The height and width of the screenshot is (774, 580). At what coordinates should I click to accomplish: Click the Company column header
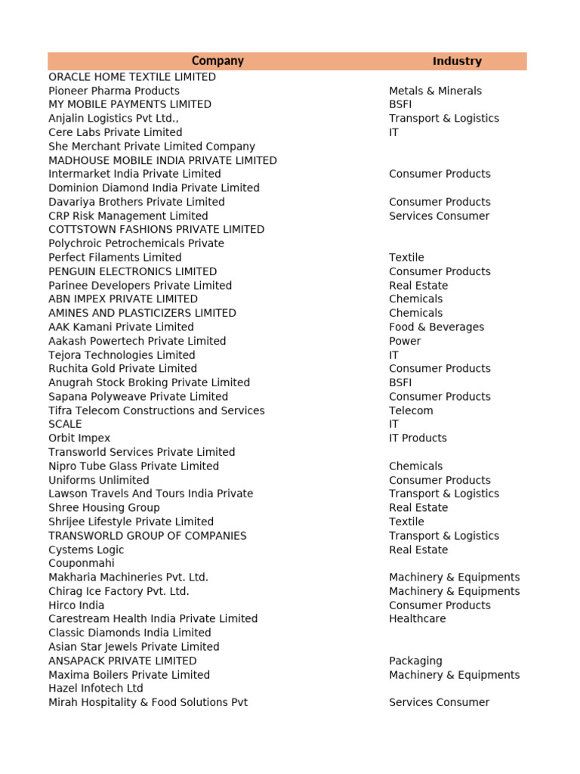217,61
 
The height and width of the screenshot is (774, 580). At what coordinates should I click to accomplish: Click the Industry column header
457,61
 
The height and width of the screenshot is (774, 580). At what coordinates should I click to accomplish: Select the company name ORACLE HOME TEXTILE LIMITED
132,77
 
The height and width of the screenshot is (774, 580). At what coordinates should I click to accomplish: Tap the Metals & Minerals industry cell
435,91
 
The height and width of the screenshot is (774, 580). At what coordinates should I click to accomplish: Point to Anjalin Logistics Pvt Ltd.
113,119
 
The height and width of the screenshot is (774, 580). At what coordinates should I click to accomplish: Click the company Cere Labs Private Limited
116,132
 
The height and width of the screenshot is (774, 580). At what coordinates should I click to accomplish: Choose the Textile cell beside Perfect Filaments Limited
406,258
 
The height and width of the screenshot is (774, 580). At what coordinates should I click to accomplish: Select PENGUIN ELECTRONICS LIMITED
132,271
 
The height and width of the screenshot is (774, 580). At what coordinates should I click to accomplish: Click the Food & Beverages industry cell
437,327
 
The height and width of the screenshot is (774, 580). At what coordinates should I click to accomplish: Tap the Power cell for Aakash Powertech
405,341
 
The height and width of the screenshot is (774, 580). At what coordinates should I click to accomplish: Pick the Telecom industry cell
411,410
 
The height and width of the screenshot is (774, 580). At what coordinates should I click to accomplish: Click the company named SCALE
65,424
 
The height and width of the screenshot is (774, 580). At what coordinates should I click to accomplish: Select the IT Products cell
418,438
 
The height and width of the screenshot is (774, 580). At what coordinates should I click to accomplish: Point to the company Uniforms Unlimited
99,480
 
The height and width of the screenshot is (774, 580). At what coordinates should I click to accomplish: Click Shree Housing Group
104,508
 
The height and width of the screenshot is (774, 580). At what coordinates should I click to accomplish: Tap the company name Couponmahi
82,563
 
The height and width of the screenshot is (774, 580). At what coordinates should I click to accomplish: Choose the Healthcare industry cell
417,619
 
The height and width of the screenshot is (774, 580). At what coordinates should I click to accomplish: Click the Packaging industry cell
415,661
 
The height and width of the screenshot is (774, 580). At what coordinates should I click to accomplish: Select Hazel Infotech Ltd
96,689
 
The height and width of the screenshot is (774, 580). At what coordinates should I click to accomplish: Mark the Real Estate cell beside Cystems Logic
418,550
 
